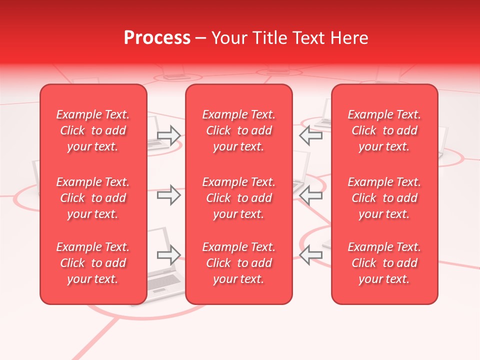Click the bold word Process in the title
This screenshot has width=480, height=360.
157,38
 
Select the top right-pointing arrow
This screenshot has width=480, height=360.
169,135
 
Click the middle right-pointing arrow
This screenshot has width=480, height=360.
169,195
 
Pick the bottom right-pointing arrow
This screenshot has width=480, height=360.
169,255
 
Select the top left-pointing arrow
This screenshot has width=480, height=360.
311,135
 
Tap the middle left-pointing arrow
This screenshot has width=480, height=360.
311,195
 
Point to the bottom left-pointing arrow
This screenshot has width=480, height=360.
311,255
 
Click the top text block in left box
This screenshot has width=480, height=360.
93,130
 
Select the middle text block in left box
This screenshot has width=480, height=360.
93,198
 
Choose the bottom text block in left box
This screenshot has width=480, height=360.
93,263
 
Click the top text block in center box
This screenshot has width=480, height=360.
238,130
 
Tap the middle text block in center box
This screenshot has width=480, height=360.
238,198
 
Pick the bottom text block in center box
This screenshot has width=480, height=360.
238,263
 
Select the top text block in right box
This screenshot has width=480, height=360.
384,130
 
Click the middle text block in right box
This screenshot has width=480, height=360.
384,198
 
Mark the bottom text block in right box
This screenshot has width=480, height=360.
384,263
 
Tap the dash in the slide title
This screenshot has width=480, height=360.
201,38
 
